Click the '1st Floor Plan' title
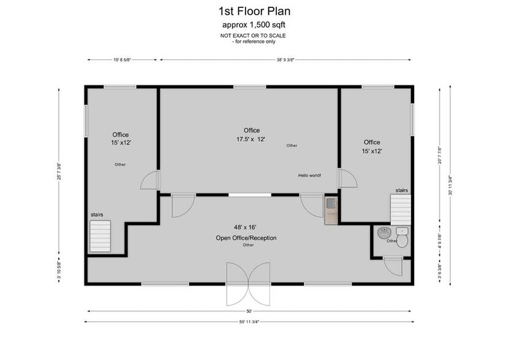point(254,11)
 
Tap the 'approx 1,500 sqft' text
point(254,25)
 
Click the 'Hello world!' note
point(309,175)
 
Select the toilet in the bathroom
point(402,235)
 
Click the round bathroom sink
point(384,233)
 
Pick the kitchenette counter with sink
point(331,210)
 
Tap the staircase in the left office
point(100,235)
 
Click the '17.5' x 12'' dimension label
point(251,139)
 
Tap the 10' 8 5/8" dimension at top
point(122,60)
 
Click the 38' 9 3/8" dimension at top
point(285,60)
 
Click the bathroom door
point(392,264)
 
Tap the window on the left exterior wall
point(86,119)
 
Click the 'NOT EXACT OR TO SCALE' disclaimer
point(254,36)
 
